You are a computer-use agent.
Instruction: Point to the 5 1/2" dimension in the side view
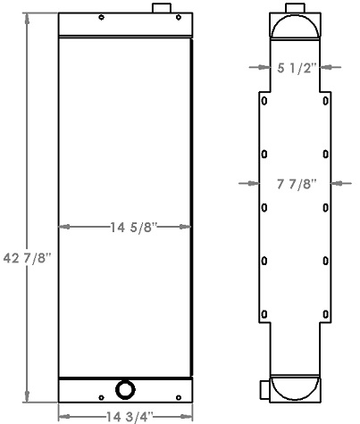coord(294,66)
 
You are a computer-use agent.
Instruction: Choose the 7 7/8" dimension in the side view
coord(294,184)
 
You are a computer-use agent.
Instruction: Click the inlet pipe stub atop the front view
coord(160,9)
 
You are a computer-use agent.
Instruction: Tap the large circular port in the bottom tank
coord(125,389)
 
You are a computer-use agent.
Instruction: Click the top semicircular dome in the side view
coord(294,27)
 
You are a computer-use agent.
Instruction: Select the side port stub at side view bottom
coord(264,389)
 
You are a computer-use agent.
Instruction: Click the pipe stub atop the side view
coord(295,5)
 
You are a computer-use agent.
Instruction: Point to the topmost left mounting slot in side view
coord(264,104)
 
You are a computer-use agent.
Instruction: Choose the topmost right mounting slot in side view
coord(325,104)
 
